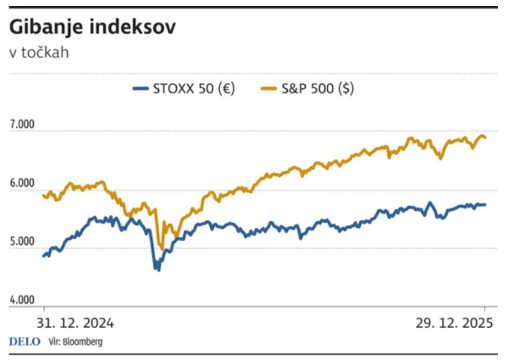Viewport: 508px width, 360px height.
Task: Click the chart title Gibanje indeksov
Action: point(93,27)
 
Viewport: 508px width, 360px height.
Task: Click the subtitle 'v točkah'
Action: point(39,53)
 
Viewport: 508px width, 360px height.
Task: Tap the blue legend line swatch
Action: point(141,87)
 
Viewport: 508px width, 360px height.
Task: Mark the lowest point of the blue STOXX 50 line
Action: point(157,269)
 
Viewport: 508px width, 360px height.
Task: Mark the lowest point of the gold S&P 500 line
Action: point(161,248)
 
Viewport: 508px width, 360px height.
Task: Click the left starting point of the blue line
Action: point(43,255)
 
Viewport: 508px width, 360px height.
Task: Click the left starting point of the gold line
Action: point(43,196)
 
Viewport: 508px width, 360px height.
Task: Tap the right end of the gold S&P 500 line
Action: point(485,137)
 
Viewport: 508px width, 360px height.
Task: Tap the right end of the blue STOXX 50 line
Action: point(485,204)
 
